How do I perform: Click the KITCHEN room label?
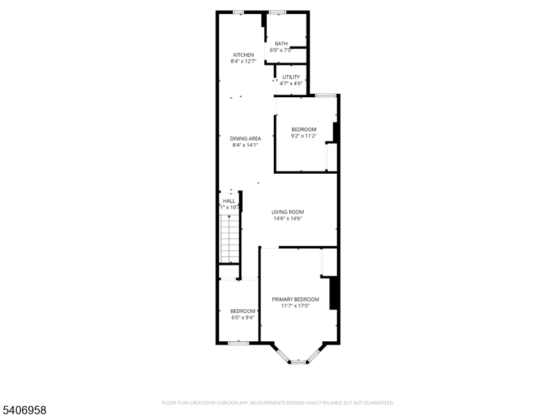(243, 55)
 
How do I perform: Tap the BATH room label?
(281, 44)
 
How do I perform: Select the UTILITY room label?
(291, 77)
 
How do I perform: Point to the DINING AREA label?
(245, 138)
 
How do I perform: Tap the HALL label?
(229, 200)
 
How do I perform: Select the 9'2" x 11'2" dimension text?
(304, 136)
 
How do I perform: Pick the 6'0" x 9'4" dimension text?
(243, 318)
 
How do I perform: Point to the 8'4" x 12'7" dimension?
(243, 62)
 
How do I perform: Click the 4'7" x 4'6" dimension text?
(291, 83)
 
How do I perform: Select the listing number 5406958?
(24, 411)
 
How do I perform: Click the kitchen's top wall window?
(238, 12)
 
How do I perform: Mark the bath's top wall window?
(278, 12)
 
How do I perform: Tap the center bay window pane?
(298, 362)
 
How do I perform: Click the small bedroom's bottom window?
(238, 343)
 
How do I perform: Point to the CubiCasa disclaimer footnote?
(278, 402)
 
